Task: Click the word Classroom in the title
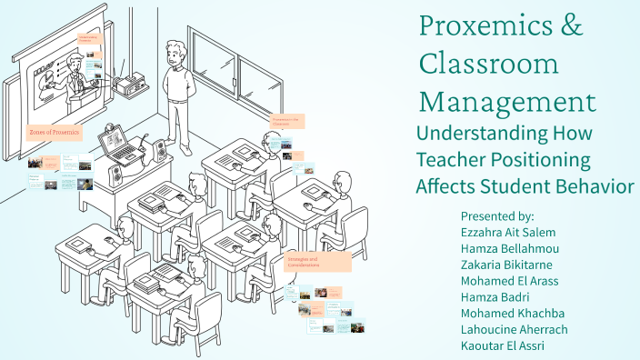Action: point(488,64)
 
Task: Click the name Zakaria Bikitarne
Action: point(513,265)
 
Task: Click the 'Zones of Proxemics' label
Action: point(55,133)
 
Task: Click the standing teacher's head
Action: point(175,53)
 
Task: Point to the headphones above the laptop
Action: point(112,129)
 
